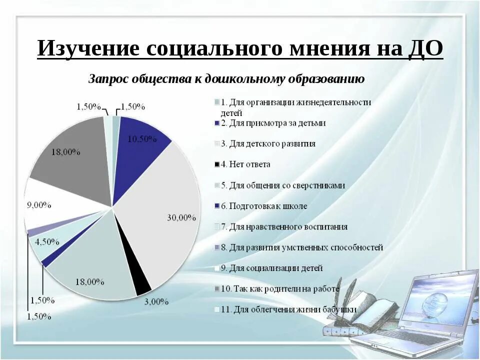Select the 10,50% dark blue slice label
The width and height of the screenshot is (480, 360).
click(x=142, y=139)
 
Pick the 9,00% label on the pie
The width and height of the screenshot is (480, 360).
click(x=39, y=204)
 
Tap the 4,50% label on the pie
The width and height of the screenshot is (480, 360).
click(x=47, y=242)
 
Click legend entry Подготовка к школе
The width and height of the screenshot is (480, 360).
click(x=267, y=206)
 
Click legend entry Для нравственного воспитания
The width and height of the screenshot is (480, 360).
click(x=287, y=226)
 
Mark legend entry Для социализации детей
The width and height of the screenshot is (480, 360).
click(x=275, y=268)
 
